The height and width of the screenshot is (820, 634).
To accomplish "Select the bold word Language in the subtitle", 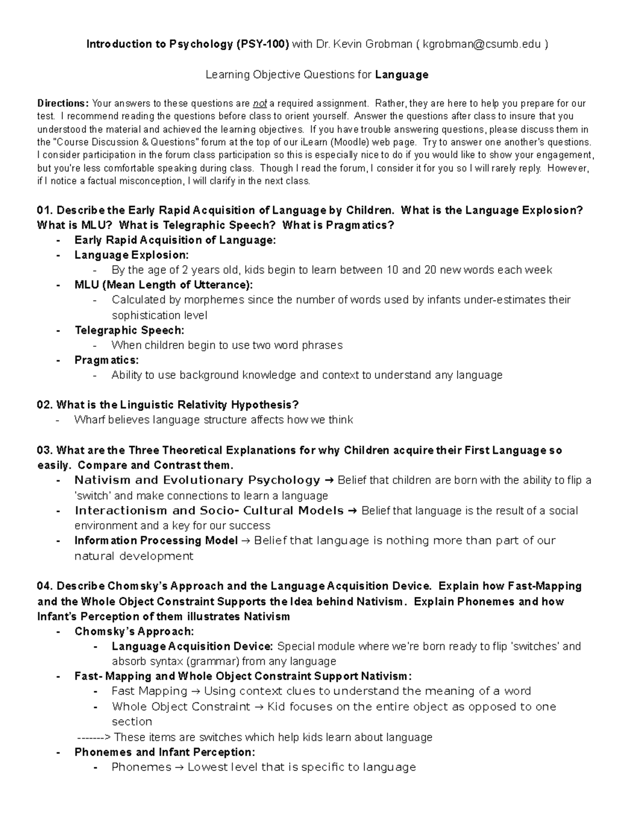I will click(402, 74).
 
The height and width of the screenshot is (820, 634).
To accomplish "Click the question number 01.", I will click(44, 210).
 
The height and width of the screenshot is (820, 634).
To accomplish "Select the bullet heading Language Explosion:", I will click(131, 255).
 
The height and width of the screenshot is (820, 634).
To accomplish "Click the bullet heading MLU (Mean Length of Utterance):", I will click(163, 285).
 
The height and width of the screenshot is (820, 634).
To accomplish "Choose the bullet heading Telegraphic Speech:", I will click(129, 331).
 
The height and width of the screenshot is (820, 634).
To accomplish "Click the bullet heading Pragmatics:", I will click(106, 360).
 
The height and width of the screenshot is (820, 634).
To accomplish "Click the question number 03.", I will click(44, 450).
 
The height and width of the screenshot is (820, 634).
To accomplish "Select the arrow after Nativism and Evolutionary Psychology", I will click(329, 480).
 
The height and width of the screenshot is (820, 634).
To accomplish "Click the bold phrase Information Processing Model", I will click(156, 541).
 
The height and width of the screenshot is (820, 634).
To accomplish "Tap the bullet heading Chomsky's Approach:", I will click(134, 632).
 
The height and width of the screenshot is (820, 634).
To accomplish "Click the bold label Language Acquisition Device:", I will click(192, 646).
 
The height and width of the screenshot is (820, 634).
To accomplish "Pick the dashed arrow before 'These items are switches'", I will click(94, 737).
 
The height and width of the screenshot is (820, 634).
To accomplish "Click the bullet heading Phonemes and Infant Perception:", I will click(164, 752).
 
